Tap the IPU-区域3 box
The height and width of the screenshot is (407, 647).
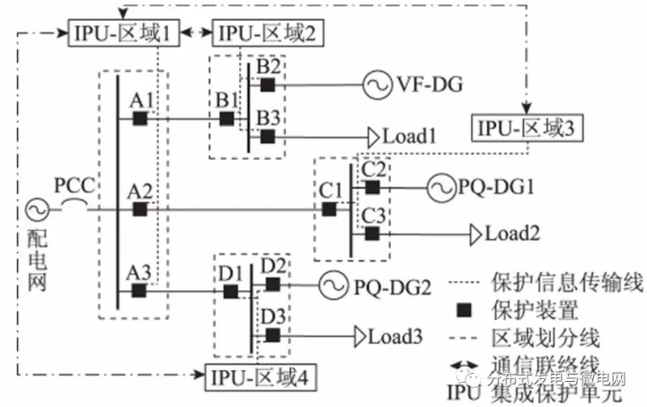tap(528, 128)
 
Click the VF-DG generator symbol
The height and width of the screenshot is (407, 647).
tap(376, 84)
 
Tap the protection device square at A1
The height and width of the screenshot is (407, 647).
tap(139, 118)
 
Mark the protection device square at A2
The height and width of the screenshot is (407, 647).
tap(139, 209)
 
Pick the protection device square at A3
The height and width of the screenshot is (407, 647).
tap(139, 290)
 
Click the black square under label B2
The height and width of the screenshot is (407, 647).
tap(267, 84)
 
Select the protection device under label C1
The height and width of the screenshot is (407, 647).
tap(330, 209)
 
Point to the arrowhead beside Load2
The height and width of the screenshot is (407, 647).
tap(475, 234)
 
